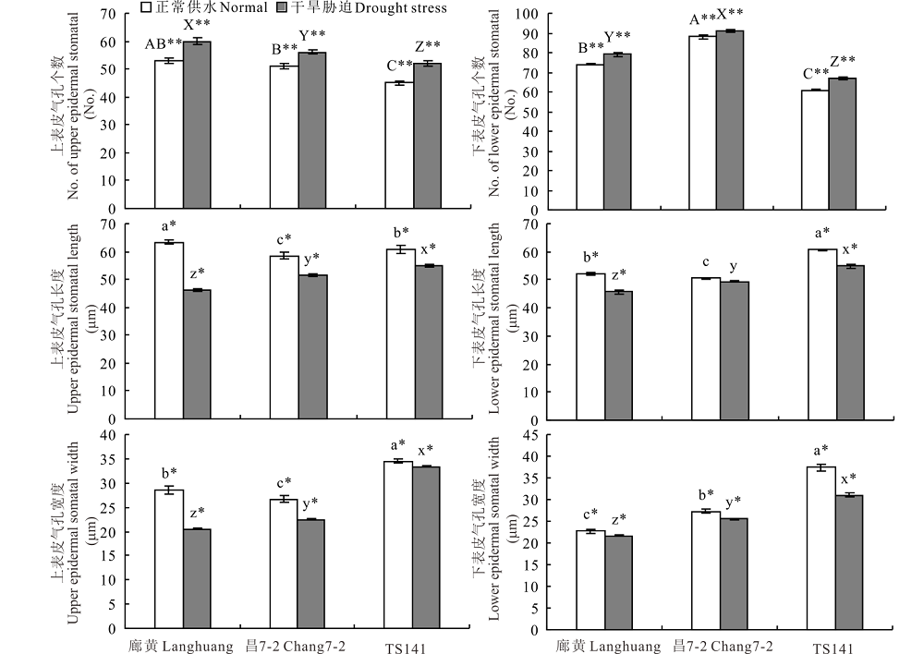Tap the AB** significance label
point(164,43)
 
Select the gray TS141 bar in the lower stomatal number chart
point(843,143)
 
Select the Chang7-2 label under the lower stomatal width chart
point(722,647)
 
